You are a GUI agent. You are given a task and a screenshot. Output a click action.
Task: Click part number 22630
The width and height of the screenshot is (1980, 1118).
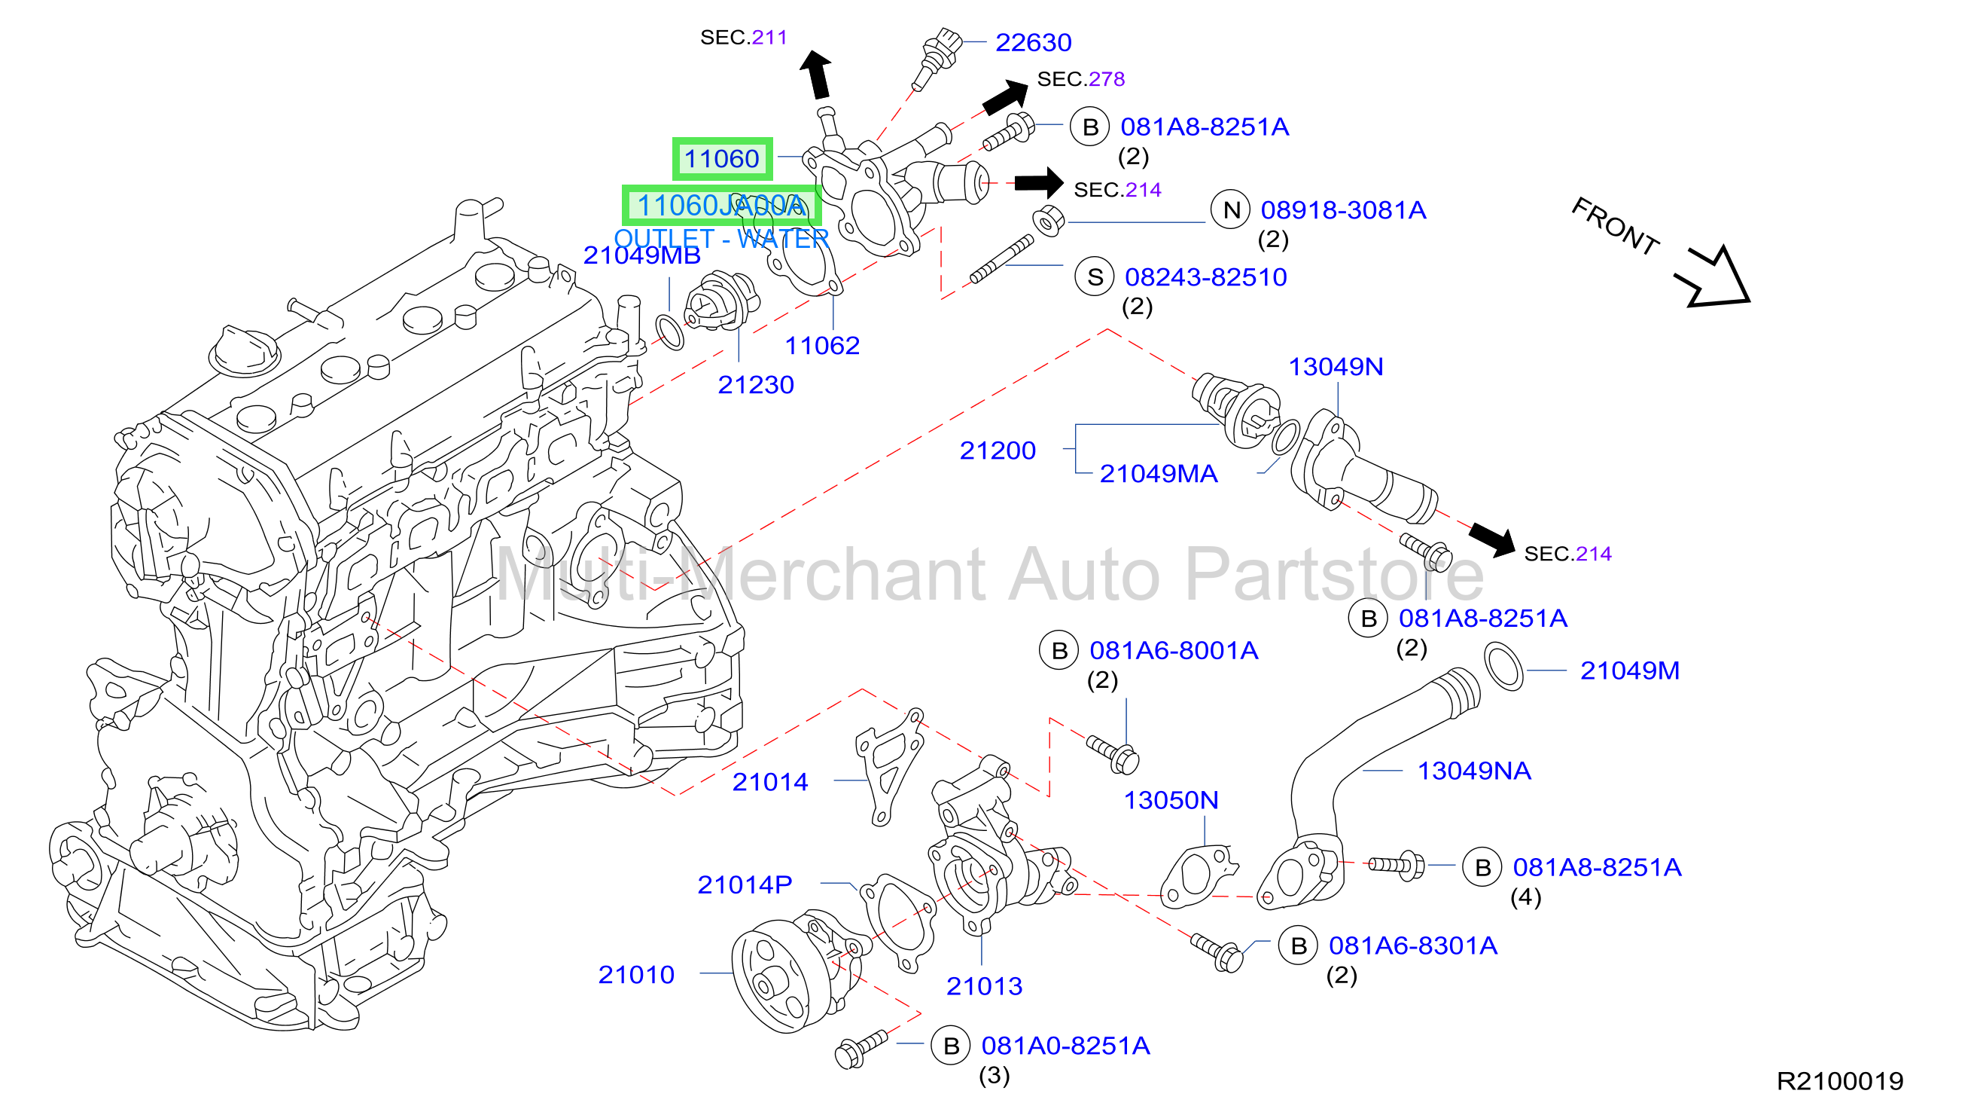pyautogui.click(x=1033, y=42)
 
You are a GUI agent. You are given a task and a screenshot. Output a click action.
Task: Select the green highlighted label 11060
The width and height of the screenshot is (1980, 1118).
pyautogui.click(x=722, y=159)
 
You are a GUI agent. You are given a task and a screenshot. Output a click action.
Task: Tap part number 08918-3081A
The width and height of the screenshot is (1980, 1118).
pyautogui.click(x=1343, y=210)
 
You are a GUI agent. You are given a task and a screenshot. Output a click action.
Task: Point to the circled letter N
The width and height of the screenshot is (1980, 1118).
pyautogui.click(x=1232, y=210)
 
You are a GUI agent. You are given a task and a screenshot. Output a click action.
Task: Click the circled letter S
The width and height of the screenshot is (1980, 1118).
pyautogui.click(x=1095, y=276)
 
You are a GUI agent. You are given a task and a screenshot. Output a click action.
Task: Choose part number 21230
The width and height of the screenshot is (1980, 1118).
pyautogui.click(x=756, y=384)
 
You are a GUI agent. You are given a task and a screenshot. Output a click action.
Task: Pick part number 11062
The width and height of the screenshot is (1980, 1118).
pyautogui.click(x=821, y=345)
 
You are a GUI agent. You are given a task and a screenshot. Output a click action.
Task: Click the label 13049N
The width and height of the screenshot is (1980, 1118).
pyautogui.click(x=1336, y=367)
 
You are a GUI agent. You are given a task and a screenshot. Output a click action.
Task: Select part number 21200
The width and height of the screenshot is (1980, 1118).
pyautogui.click(x=998, y=451)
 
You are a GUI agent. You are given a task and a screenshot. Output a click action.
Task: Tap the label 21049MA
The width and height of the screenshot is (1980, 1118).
pyautogui.click(x=1159, y=474)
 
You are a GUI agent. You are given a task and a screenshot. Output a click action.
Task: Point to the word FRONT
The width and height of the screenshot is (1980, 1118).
pyautogui.click(x=1615, y=226)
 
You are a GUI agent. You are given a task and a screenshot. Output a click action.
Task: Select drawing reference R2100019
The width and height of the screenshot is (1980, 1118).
pyautogui.click(x=1840, y=1081)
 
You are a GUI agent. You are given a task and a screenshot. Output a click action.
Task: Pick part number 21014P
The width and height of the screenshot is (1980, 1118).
pyautogui.click(x=745, y=885)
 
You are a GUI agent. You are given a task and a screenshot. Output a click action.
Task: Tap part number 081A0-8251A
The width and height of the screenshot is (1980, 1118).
pyautogui.click(x=1065, y=1046)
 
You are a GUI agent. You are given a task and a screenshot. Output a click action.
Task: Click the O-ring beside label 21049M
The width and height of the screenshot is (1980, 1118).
pyautogui.click(x=1503, y=667)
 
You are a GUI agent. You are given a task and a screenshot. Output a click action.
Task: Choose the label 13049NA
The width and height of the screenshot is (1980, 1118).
pyautogui.click(x=1474, y=771)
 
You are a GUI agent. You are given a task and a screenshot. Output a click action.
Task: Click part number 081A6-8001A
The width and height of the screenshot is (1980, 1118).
pyautogui.click(x=1174, y=650)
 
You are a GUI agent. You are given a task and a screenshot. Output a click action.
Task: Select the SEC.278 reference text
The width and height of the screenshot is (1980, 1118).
pyautogui.click(x=1080, y=79)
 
